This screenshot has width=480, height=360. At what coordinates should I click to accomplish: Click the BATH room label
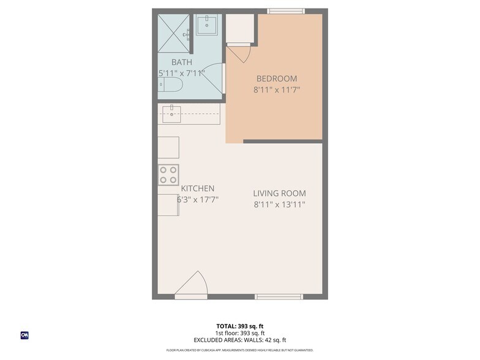click(181, 62)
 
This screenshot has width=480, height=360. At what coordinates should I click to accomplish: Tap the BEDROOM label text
click(276, 78)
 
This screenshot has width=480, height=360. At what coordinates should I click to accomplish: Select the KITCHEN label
click(197, 189)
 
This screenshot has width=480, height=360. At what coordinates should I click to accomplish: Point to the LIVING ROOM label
click(279, 193)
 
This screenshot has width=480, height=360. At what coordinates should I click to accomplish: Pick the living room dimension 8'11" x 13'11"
click(279, 204)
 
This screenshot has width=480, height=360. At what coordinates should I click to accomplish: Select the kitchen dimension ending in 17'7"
click(198, 200)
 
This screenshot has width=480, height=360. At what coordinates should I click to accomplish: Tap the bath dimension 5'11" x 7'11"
click(181, 73)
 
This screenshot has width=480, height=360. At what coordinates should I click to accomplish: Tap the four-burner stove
click(168, 175)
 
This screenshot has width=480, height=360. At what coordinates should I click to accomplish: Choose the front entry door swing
click(192, 285)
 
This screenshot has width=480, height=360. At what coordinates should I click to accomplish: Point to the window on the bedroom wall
click(285, 10)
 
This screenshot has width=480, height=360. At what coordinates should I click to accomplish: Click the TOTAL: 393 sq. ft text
click(240, 326)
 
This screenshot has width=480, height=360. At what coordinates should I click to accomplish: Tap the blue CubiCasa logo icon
click(25, 335)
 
